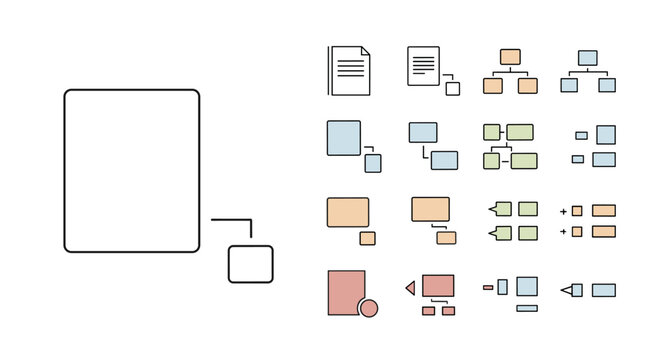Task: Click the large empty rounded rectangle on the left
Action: click(x=132, y=170)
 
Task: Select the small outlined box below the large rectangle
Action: click(x=250, y=263)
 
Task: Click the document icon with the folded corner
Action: click(x=350, y=70)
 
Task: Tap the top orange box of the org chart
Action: click(x=510, y=57)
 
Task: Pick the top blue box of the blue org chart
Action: click(x=588, y=57)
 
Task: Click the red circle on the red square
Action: click(x=368, y=308)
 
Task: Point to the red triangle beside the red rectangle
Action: click(x=410, y=288)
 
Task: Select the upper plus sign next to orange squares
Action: click(x=563, y=211)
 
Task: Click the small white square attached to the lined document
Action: click(x=453, y=88)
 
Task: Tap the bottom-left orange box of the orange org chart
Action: click(x=492, y=86)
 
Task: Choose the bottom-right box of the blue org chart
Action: click(x=606, y=86)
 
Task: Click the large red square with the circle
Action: click(x=345, y=291)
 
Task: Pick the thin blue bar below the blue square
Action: click(x=526, y=308)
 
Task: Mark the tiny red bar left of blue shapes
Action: click(x=487, y=287)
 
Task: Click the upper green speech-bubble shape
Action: click(x=502, y=209)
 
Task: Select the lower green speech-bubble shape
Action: click(x=502, y=233)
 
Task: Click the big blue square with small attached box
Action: click(x=343, y=137)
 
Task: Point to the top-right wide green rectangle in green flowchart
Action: click(x=520, y=132)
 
